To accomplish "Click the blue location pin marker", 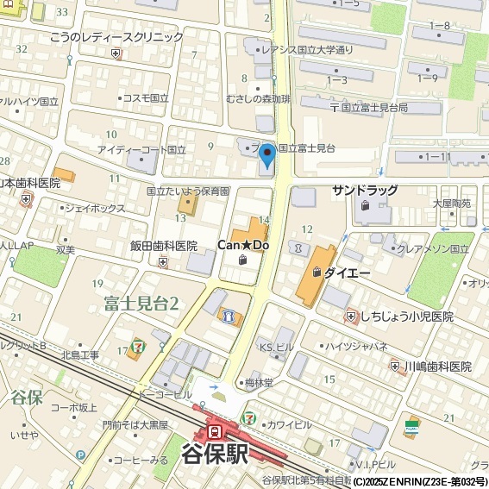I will pos(267,156).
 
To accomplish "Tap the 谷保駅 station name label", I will pos(216,455).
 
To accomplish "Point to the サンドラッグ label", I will pos(365,191).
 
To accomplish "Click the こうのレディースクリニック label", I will pos(116,37).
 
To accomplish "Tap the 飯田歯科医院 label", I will pos(164,246).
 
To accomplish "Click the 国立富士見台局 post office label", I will pos(373,108).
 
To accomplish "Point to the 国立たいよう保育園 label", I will pos(187,191).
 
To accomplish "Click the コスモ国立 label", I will pos(145,97).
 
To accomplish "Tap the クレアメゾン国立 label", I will pos(430,248).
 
